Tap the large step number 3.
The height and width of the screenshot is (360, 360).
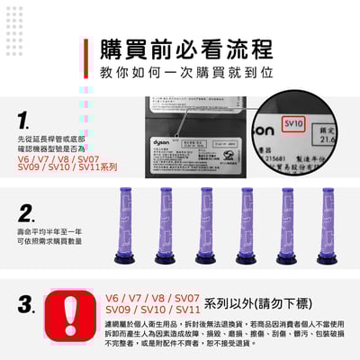click(x=28, y=303)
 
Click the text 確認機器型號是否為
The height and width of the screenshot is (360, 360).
click(x=47, y=149)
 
